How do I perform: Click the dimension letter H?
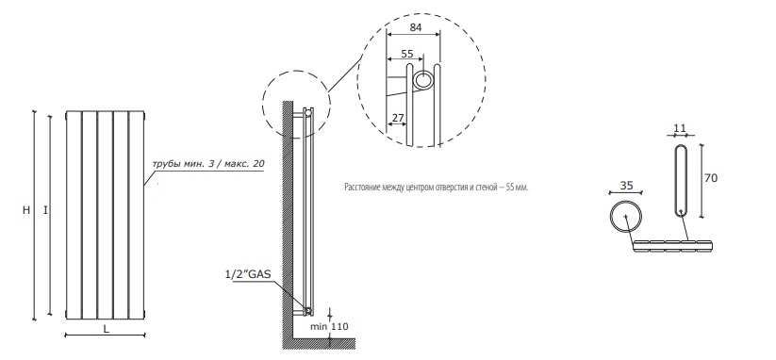26,210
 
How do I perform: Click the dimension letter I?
45,210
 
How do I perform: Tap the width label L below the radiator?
107,328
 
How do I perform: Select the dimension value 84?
415,27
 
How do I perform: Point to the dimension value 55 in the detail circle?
406,53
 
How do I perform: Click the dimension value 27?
397,118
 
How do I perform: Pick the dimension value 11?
680,128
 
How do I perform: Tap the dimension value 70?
711,177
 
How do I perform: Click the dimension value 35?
626,186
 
